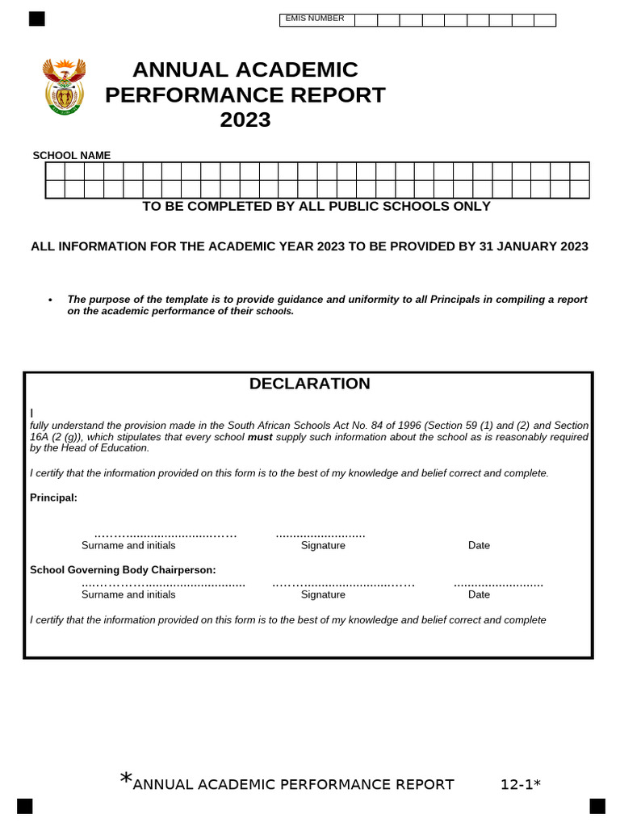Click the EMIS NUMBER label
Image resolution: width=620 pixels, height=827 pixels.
[315, 19]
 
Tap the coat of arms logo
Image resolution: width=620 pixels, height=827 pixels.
[64, 87]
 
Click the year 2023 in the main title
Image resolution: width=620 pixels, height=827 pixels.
[245, 120]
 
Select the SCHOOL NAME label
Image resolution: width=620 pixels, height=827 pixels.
[72, 155]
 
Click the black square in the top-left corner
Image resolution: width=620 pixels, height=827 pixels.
[36, 19]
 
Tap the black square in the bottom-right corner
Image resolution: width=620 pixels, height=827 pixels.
[597, 805]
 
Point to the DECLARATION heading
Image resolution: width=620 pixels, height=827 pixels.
[309, 384]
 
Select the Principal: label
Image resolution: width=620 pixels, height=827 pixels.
[53, 497]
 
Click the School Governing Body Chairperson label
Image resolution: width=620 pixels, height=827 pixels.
[123, 569]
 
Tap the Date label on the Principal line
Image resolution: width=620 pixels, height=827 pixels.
[479, 545]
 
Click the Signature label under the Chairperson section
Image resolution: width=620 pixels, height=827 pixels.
[323, 594]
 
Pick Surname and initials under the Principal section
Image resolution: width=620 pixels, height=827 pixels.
[128, 545]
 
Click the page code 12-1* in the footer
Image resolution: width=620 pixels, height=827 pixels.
[520, 784]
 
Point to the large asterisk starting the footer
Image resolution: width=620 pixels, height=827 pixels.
[126, 779]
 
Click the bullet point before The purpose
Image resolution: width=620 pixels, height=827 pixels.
[50, 300]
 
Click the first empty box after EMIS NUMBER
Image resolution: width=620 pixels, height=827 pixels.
[366, 20]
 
